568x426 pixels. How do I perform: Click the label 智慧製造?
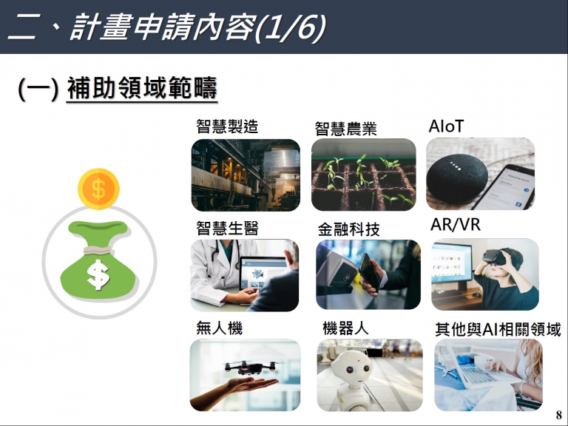[x=227, y=126]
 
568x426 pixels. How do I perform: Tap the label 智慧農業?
[x=345, y=129]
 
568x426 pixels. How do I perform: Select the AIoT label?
[x=446, y=126]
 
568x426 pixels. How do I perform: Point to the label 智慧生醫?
[x=227, y=229]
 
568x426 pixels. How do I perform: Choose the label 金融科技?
[x=348, y=229]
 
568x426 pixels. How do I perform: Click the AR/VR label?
[x=456, y=225]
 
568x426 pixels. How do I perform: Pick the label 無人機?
[x=219, y=328]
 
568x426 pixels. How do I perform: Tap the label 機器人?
[x=345, y=328]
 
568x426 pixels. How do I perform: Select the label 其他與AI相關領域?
[x=498, y=330]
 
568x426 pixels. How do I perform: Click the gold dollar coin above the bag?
[x=98, y=189]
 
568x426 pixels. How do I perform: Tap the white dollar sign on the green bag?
[x=98, y=275]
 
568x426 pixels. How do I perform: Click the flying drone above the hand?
[x=249, y=367]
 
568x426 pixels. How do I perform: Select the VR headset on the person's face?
[x=495, y=257]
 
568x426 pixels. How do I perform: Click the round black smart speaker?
[x=457, y=177]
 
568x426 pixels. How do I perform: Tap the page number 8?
[x=559, y=414]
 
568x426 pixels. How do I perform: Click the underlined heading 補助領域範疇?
[x=142, y=88]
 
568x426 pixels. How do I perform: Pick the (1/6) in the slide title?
[x=291, y=27]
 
